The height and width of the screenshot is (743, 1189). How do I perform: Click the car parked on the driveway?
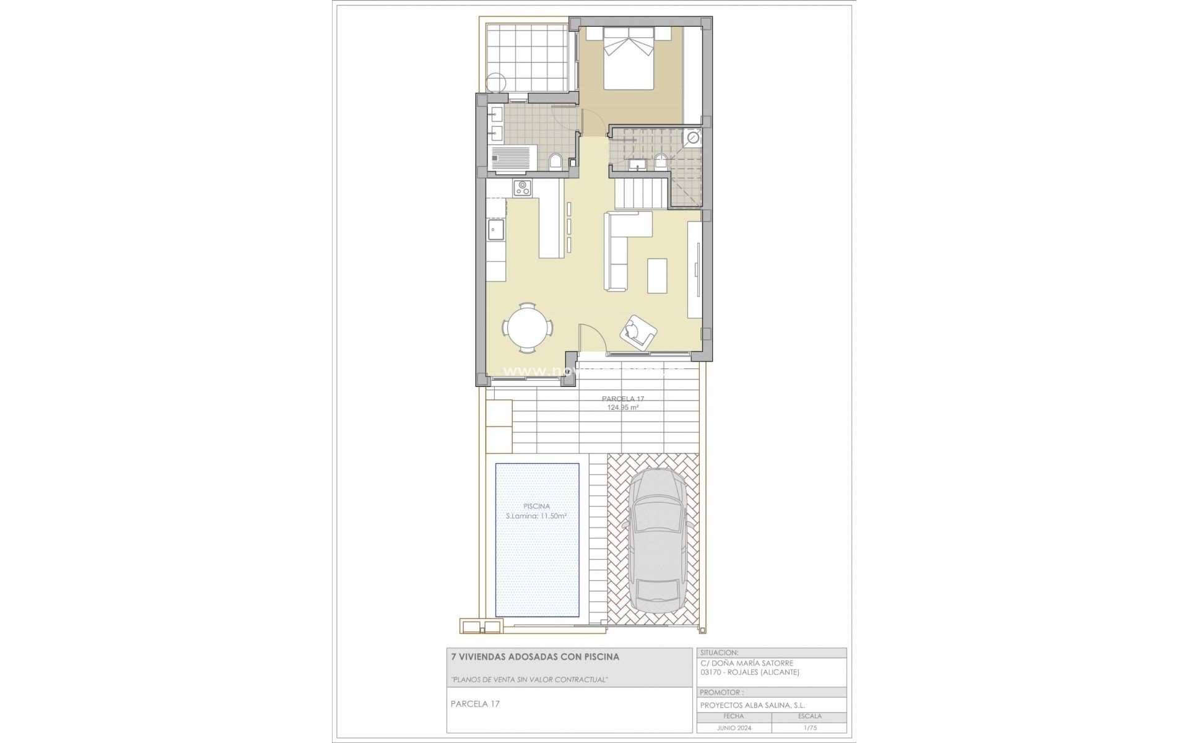tap(657, 536)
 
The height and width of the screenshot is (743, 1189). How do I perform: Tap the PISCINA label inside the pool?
tap(536, 506)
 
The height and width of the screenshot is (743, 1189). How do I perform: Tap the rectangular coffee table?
tap(658, 275)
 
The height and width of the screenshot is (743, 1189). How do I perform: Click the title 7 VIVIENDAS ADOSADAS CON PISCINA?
tap(534, 656)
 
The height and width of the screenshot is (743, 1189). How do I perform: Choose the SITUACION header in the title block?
tap(720, 653)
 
